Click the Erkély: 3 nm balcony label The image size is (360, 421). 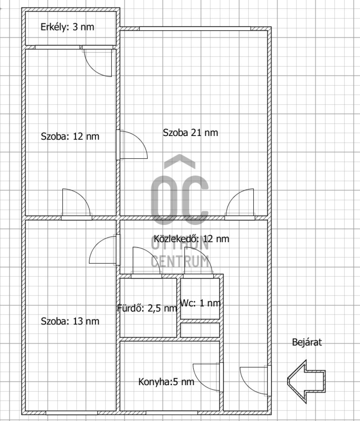(x=67, y=27)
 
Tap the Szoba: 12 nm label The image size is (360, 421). (x=70, y=136)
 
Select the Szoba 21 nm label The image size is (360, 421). (x=191, y=132)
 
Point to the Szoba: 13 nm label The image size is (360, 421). (x=70, y=321)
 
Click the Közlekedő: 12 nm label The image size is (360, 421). (x=192, y=239)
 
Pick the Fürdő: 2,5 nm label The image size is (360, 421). (x=147, y=308)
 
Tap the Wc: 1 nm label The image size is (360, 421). (x=200, y=303)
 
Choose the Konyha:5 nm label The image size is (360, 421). (x=166, y=382)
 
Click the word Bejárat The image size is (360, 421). (x=307, y=342)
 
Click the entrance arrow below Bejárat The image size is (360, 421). (x=306, y=382)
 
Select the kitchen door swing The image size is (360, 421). (x=207, y=377)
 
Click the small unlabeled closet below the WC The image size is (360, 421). (x=200, y=330)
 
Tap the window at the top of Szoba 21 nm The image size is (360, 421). (x=195, y=29)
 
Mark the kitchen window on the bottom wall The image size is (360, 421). (x=172, y=413)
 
